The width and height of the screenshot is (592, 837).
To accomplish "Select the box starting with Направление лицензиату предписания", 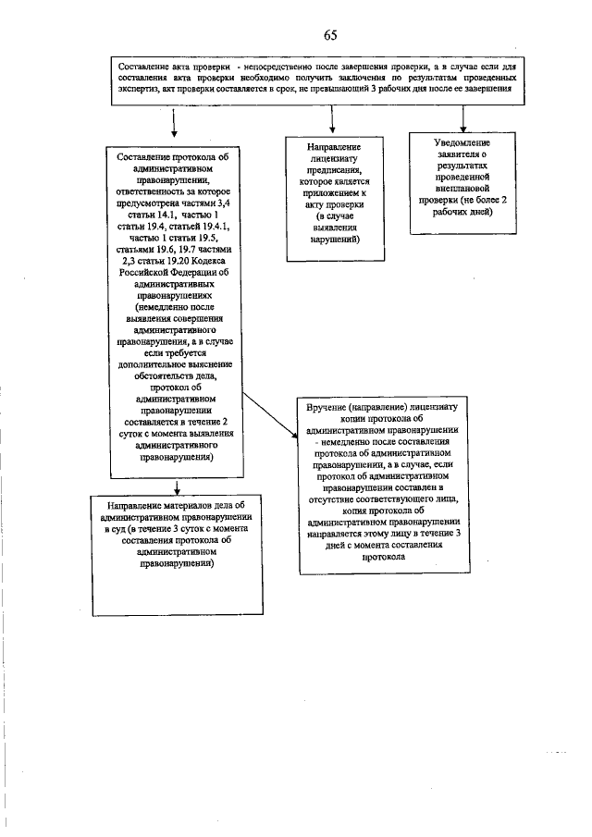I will [336, 198].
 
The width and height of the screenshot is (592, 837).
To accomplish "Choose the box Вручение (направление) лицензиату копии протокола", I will [385, 483].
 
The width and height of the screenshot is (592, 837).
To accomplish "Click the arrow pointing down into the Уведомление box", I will [462, 118].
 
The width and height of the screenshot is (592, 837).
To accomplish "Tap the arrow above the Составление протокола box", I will [174, 125].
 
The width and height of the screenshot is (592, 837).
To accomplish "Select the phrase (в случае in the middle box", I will [335, 218].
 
